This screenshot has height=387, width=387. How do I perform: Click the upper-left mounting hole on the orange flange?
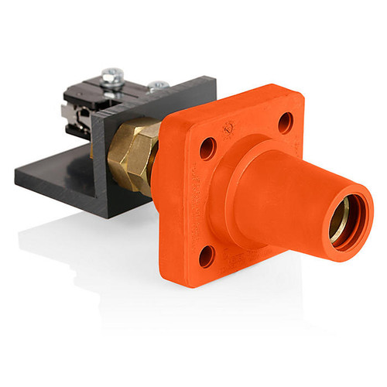[208, 149]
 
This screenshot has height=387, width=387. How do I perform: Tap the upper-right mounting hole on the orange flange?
[285, 122]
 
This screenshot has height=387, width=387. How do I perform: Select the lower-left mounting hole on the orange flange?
[207, 256]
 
